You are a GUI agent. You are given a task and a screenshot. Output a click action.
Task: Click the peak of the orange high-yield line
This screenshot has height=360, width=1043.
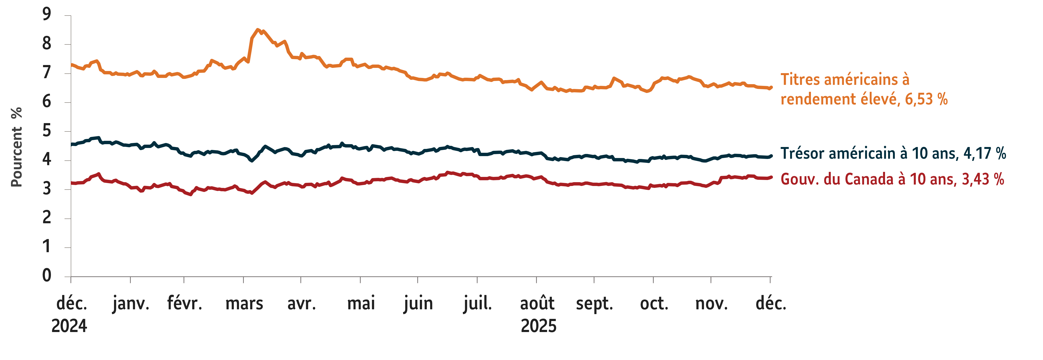[257, 30]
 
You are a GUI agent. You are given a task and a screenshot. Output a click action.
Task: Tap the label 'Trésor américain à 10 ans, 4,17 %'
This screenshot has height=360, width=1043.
[893, 153]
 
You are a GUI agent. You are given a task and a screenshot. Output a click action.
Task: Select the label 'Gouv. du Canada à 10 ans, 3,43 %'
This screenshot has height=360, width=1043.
[892, 179]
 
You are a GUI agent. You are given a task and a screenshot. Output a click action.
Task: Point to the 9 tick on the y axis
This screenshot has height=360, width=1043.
[47, 15]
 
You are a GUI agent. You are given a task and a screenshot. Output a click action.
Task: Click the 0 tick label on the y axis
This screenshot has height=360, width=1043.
[47, 276]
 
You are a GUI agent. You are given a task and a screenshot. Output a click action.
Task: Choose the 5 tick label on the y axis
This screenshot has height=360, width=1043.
[47, 131]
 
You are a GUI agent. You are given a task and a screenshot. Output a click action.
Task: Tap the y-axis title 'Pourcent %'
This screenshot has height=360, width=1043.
[16, 147]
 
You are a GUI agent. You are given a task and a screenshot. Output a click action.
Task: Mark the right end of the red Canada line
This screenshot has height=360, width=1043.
[771, 177]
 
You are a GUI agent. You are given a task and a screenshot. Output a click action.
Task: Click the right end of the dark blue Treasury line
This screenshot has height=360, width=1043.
[771, 156]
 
